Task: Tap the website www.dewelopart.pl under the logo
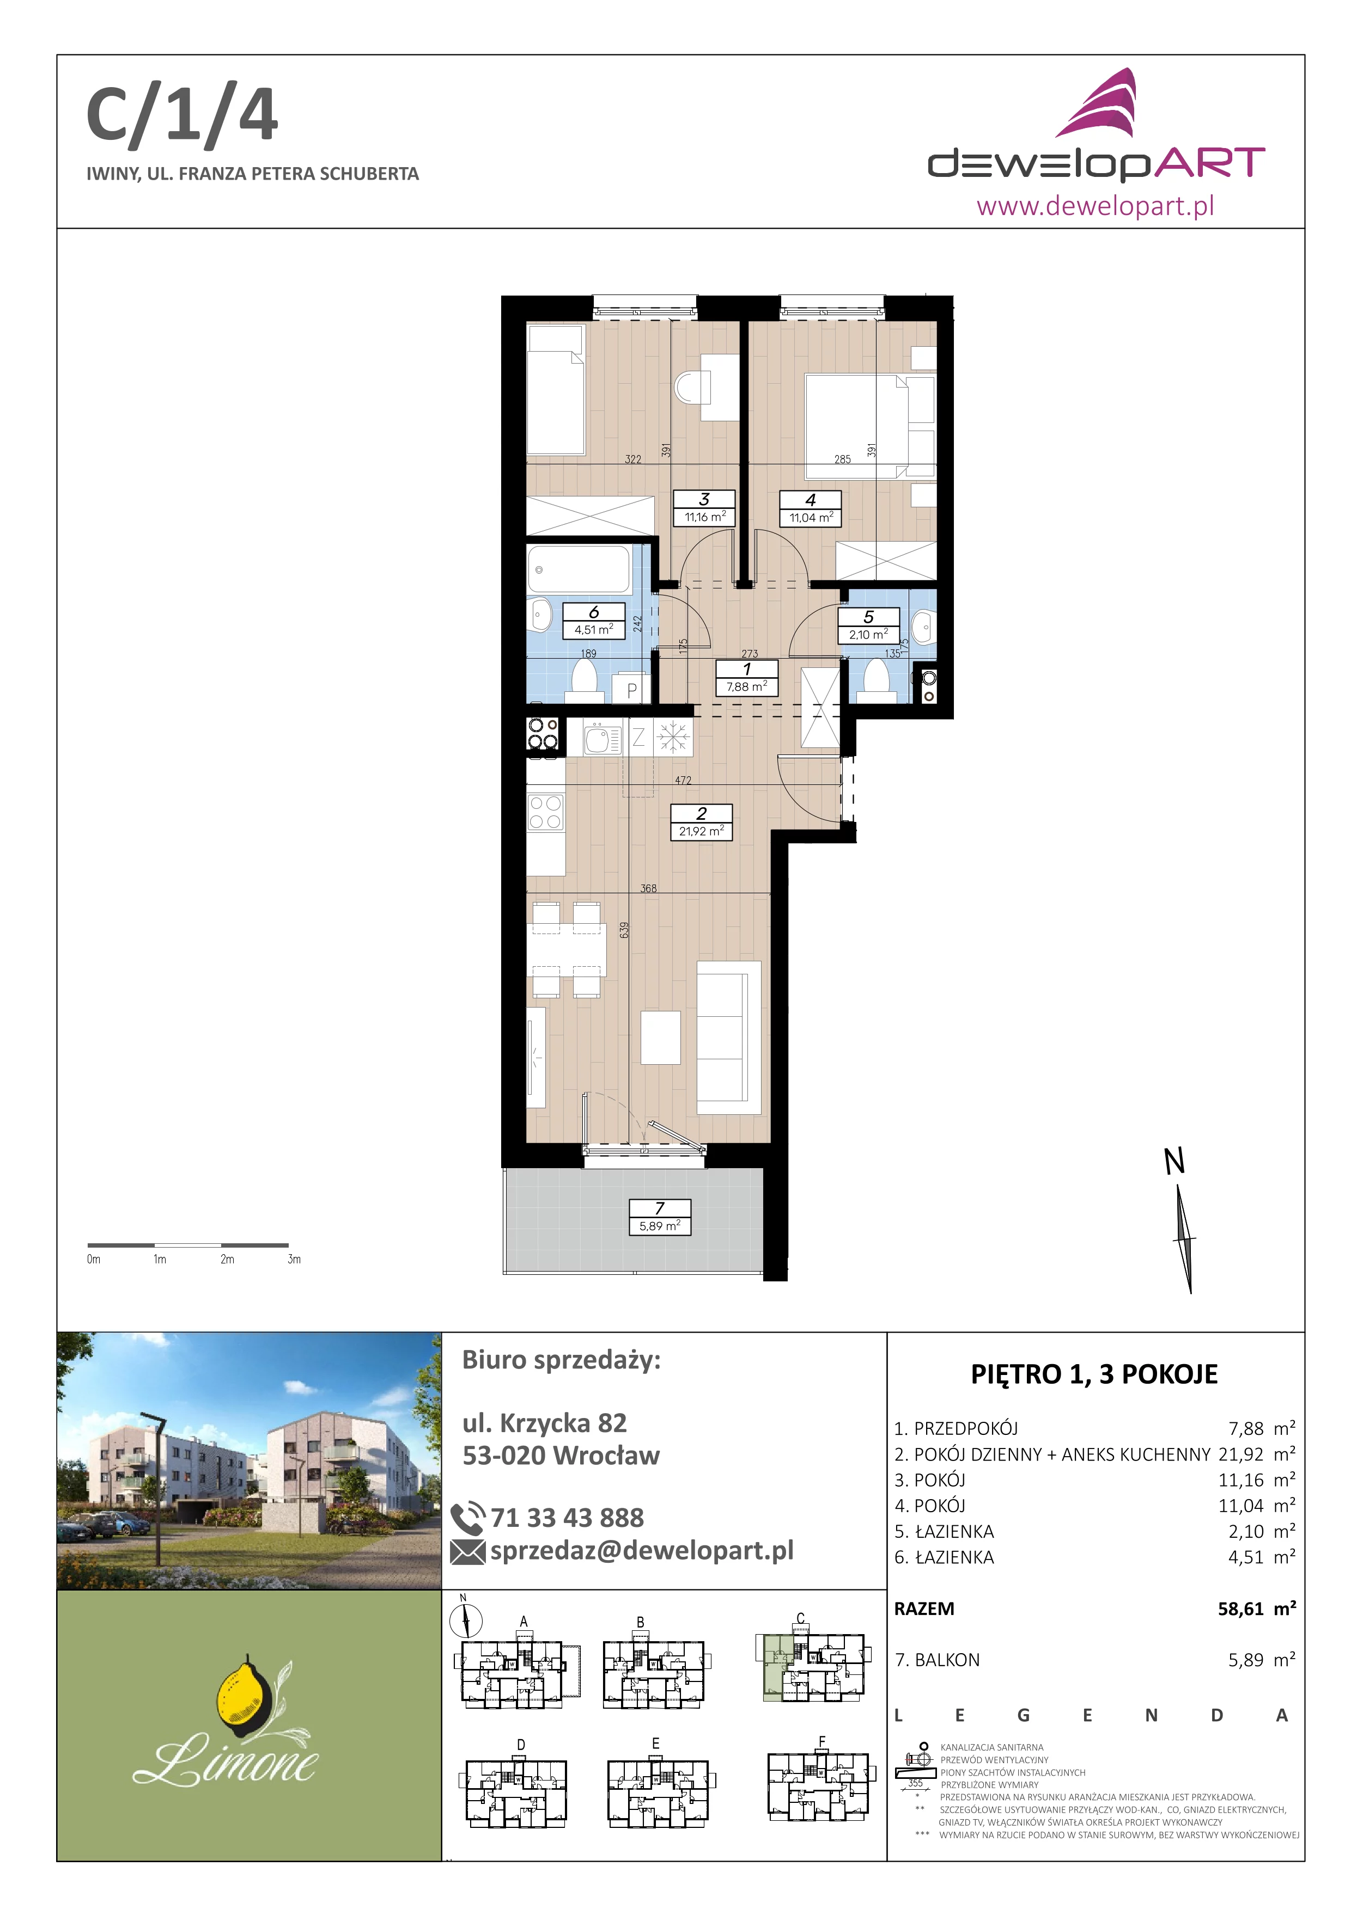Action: (x=1095, y=205)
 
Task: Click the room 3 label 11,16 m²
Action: (x=704, y=517)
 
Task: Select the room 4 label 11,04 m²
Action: (x=811, y=517)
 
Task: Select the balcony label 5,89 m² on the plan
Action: (x=660, y=1225)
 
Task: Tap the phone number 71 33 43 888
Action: (x=567, y=1518)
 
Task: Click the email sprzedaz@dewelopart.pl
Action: (x=641, y=1551)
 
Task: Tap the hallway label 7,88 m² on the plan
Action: (x=747, y=687)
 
